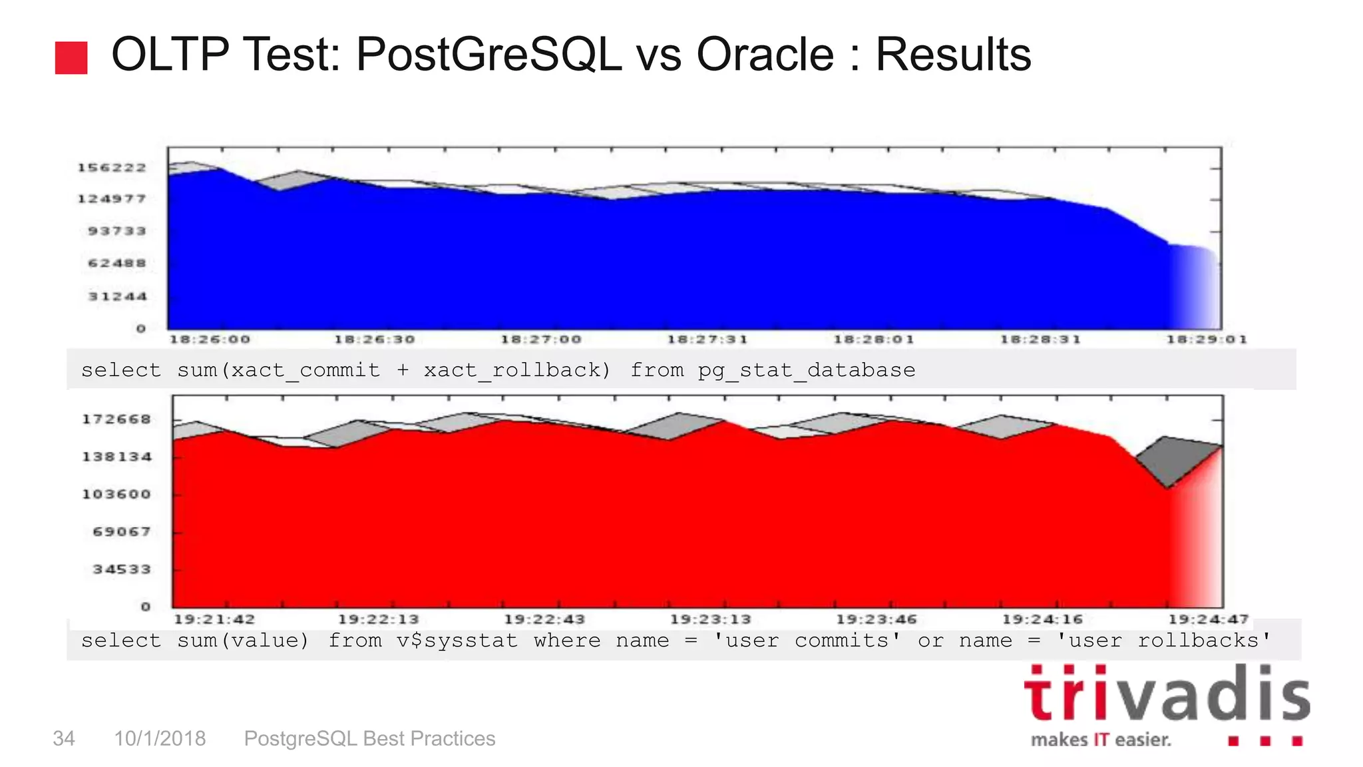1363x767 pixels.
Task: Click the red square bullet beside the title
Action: (x=71, y=57)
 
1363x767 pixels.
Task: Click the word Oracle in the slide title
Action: (x=765, y=54)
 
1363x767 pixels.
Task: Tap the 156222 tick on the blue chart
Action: (x=112, y=168)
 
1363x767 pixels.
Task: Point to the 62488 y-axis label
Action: (x=117, y=264)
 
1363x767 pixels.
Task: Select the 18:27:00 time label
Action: (x=541, y=340)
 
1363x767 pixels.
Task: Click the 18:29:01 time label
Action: (x=1207, y=340)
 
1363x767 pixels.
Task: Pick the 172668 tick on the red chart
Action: (x=116, y=419)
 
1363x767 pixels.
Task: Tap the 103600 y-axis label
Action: (x=116, y=495)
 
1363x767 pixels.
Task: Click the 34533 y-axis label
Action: (x=122, y=570)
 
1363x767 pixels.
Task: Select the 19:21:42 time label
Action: (x=214, y=620)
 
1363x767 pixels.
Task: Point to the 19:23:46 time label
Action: (x=876, y=620)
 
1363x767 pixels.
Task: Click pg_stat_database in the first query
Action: (x=806, y=370)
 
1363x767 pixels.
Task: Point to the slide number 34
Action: (x=64, y=738)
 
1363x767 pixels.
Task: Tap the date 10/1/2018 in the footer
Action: (x=160, y=738)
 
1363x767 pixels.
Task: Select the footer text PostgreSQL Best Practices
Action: (x=369, y=738)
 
